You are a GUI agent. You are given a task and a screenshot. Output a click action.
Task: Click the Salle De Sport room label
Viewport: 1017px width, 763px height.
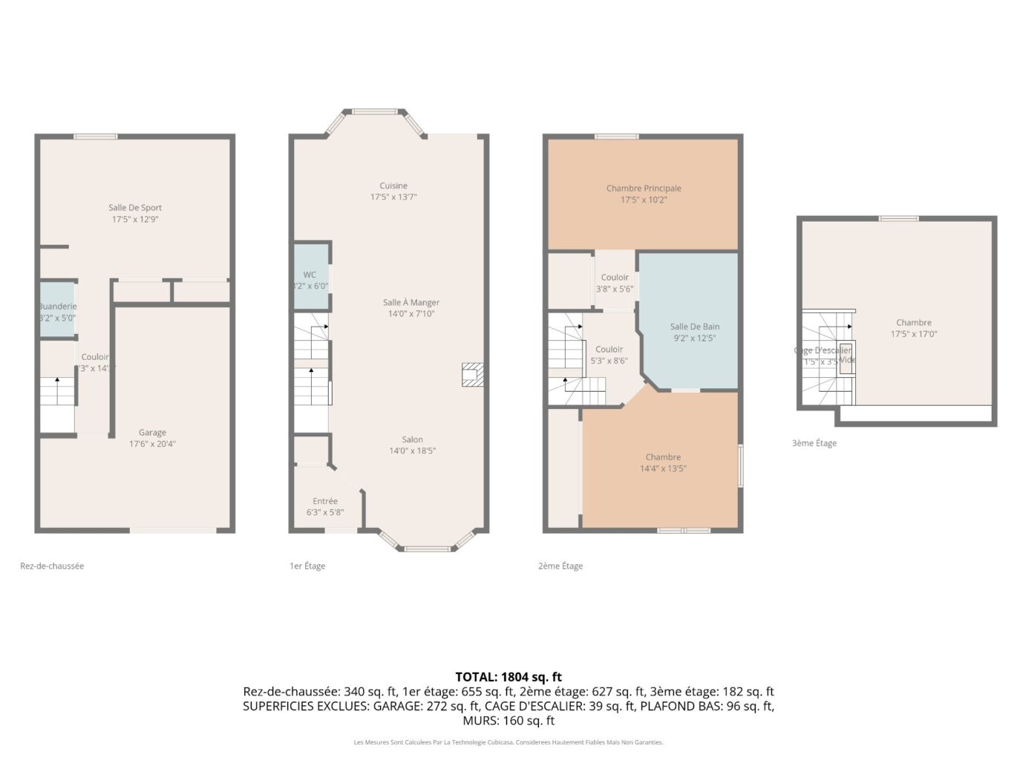[135, 208]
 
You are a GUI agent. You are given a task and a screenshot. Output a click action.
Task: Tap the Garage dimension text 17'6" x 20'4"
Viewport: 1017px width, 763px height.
[152, 444]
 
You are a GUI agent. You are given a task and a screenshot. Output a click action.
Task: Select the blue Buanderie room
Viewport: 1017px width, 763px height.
[57, 310]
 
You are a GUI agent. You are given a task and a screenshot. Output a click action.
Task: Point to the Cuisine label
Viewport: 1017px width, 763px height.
[393, 186]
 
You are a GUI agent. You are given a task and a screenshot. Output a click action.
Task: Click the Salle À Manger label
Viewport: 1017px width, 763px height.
[411, 302]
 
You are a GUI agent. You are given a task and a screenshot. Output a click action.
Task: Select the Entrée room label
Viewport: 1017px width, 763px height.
[325, 501]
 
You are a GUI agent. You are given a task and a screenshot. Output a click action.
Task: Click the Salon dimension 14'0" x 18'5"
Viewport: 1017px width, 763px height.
[412, 451]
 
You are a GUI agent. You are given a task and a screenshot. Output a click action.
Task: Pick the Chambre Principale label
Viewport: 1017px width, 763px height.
[644, 189]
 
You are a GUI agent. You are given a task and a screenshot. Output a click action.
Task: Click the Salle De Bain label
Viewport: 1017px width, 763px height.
[695, 327]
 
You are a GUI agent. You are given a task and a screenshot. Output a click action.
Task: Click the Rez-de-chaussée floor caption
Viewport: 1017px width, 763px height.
[52, 566]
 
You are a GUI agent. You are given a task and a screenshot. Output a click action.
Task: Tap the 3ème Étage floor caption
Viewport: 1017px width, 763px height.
[814, 443]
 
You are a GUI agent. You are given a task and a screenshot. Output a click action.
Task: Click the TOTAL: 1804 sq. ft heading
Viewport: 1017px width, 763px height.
[508, 676]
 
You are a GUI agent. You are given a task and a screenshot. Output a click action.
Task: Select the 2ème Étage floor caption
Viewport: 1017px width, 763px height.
[560, 566]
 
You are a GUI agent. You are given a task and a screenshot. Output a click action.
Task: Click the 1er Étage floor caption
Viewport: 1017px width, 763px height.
[307, 566]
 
